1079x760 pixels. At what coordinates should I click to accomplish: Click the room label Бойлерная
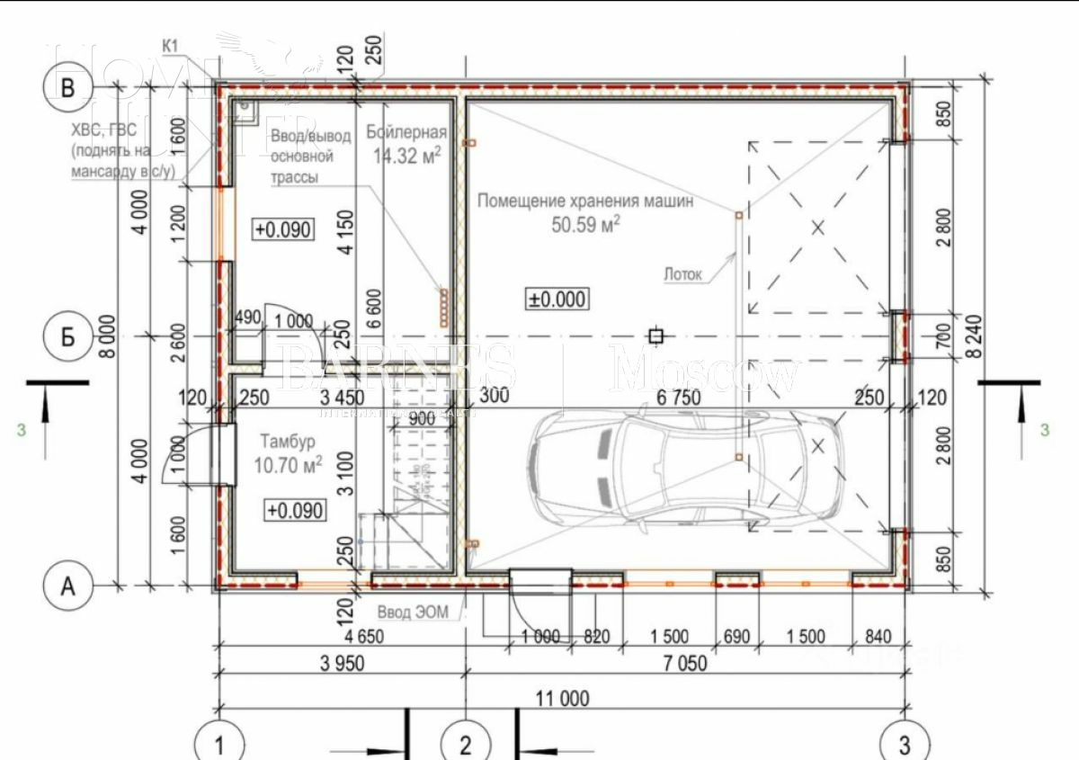point(406,133)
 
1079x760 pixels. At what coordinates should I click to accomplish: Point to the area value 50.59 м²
point(586,224)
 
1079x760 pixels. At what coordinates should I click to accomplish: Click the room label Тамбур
point(287,442)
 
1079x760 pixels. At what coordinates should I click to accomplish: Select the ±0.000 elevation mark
point(557,299)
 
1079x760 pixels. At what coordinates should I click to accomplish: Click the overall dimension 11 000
point(563,698)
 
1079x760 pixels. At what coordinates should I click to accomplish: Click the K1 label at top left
point(171,45)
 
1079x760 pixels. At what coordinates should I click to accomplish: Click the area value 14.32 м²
point(406,156)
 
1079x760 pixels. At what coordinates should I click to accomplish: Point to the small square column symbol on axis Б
point(656,336)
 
